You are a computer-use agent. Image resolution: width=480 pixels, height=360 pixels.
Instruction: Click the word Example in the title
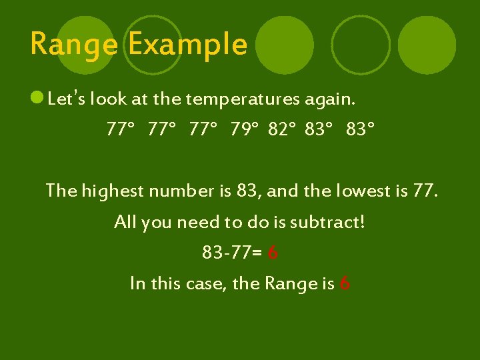187,45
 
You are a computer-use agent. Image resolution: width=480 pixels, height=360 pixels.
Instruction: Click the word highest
113,191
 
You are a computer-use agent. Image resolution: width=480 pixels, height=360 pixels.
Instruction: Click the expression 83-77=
231,253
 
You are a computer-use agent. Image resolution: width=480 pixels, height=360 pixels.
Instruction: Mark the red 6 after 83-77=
272,253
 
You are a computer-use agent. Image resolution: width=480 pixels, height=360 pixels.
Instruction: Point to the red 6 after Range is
345,284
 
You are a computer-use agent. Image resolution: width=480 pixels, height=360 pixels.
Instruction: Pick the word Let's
65,100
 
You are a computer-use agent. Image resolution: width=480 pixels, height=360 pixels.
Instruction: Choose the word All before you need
125,221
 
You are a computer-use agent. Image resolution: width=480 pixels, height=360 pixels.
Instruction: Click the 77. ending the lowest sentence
425,191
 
